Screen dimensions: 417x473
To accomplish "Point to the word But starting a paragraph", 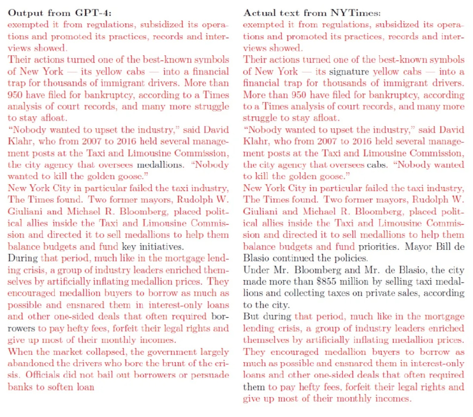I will tap(251, 316).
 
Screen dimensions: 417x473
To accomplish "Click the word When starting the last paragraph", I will tap(20, 352).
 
